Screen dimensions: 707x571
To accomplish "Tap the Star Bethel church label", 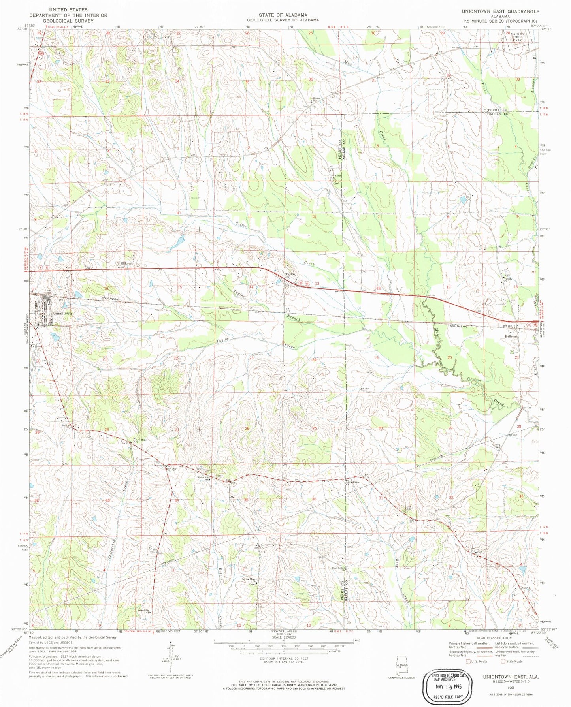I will pyautogui.click(x=338, y=569).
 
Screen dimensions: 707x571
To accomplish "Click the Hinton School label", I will pyautogui.click(x=316, y=99).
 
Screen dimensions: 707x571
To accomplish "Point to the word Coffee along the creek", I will pyautogui.click(x=241, y=225).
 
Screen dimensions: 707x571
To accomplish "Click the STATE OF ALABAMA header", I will pyautogui.click(x=283, y=15).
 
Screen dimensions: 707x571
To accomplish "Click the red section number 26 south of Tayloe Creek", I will pyautogui.click(x=247, y=429).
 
